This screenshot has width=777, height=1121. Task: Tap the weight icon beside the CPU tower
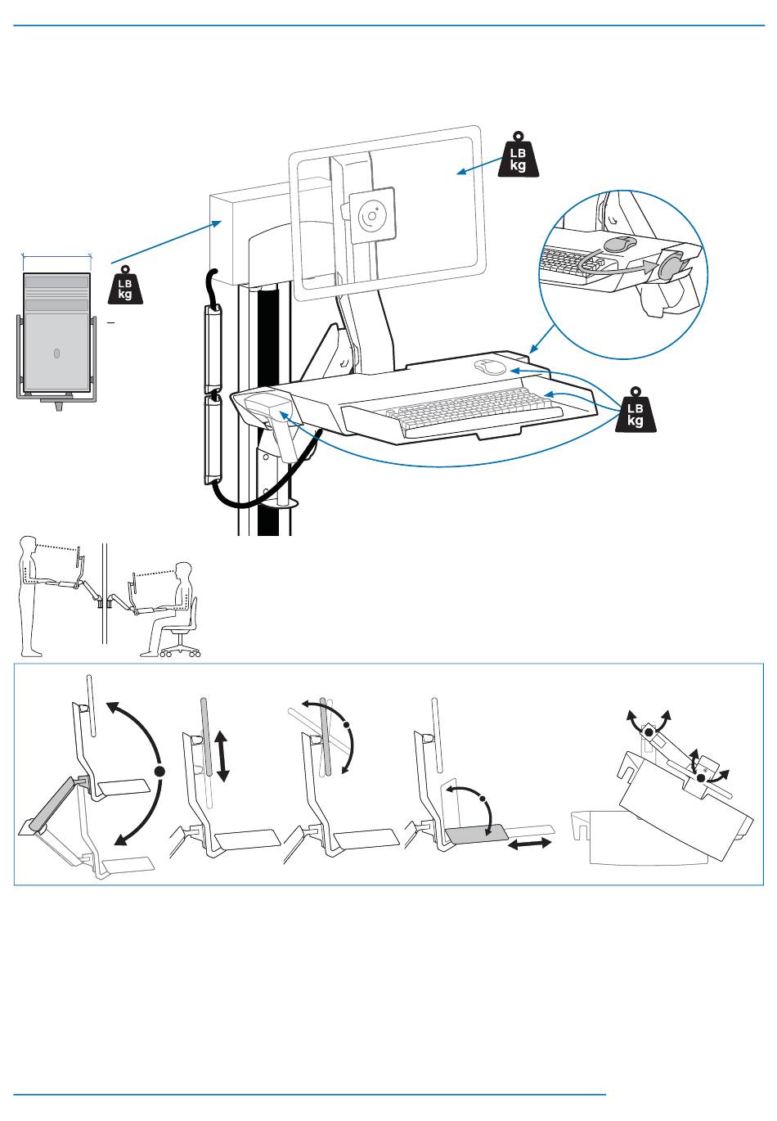[x=125, y=285]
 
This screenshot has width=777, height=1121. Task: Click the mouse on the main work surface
[x=489, y=367]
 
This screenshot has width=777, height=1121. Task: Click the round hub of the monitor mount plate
[x=372, y=216]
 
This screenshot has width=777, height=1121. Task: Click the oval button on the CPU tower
[x=56, y=353]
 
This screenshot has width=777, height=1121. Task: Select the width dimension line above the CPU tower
[x=57, y=256]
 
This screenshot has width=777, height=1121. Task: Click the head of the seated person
[x=184, y=570]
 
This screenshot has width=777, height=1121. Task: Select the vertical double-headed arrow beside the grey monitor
[x=222, y=755]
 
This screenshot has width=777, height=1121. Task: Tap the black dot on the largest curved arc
[x=159, y=771]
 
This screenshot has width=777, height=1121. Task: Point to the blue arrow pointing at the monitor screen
[x=480, y=165]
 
